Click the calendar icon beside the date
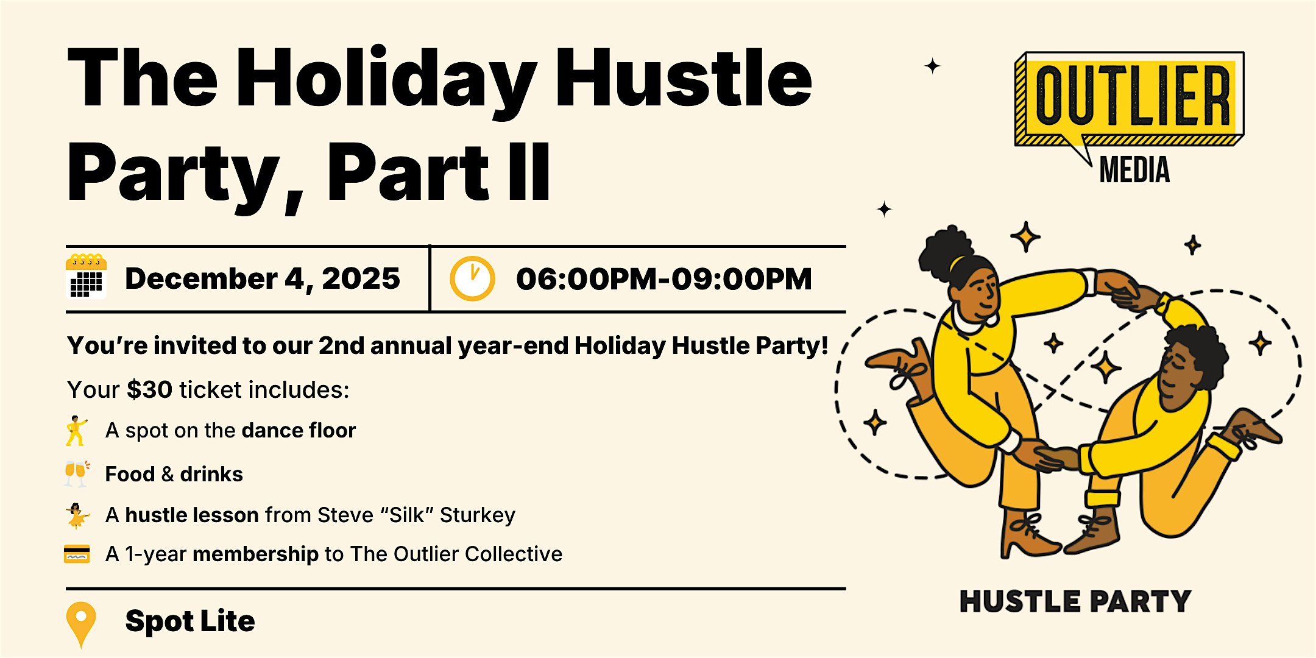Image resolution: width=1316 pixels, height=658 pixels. pos(86,277)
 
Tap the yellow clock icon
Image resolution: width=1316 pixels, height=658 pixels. pos(472,279)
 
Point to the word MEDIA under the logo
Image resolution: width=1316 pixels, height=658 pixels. pos(1134,170)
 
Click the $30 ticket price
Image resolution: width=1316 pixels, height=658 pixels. pos(149,390)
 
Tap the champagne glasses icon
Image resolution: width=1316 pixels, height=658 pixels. pos(77,473)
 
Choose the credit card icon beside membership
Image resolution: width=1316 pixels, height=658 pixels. pos(77,554)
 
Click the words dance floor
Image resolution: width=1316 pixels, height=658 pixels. pos(299,430)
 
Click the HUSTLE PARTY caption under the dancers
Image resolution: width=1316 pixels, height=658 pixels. pos(1075,601)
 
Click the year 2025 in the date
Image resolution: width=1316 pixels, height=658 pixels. pos(361,279)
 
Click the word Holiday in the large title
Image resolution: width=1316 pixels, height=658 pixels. pos(386,80)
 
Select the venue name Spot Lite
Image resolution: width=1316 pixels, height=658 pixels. pos(190,621)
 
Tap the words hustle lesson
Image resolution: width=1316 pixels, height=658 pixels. pos(192,515)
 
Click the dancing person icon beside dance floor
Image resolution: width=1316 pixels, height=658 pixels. pos(77,431)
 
